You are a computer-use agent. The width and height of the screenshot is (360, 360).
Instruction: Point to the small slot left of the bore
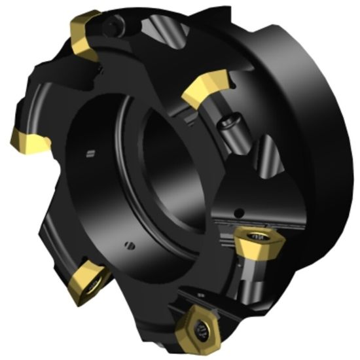click(89, 155)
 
